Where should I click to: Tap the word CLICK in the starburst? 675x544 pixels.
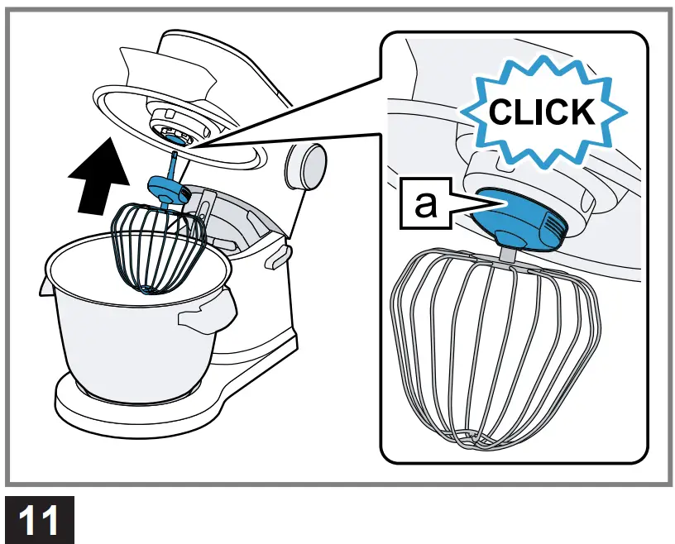541,111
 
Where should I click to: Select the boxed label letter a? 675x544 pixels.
425,204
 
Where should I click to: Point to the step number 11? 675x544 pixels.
38,521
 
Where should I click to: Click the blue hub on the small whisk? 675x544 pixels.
170,191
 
